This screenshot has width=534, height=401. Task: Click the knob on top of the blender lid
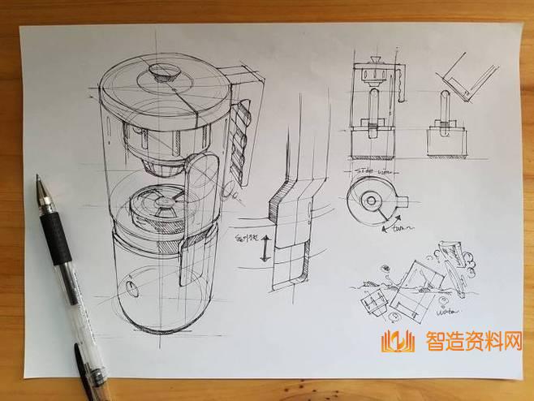pos(160,72)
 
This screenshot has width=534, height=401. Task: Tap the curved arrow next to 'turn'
pos(395,218)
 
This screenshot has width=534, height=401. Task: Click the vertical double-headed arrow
pos(263,251)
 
